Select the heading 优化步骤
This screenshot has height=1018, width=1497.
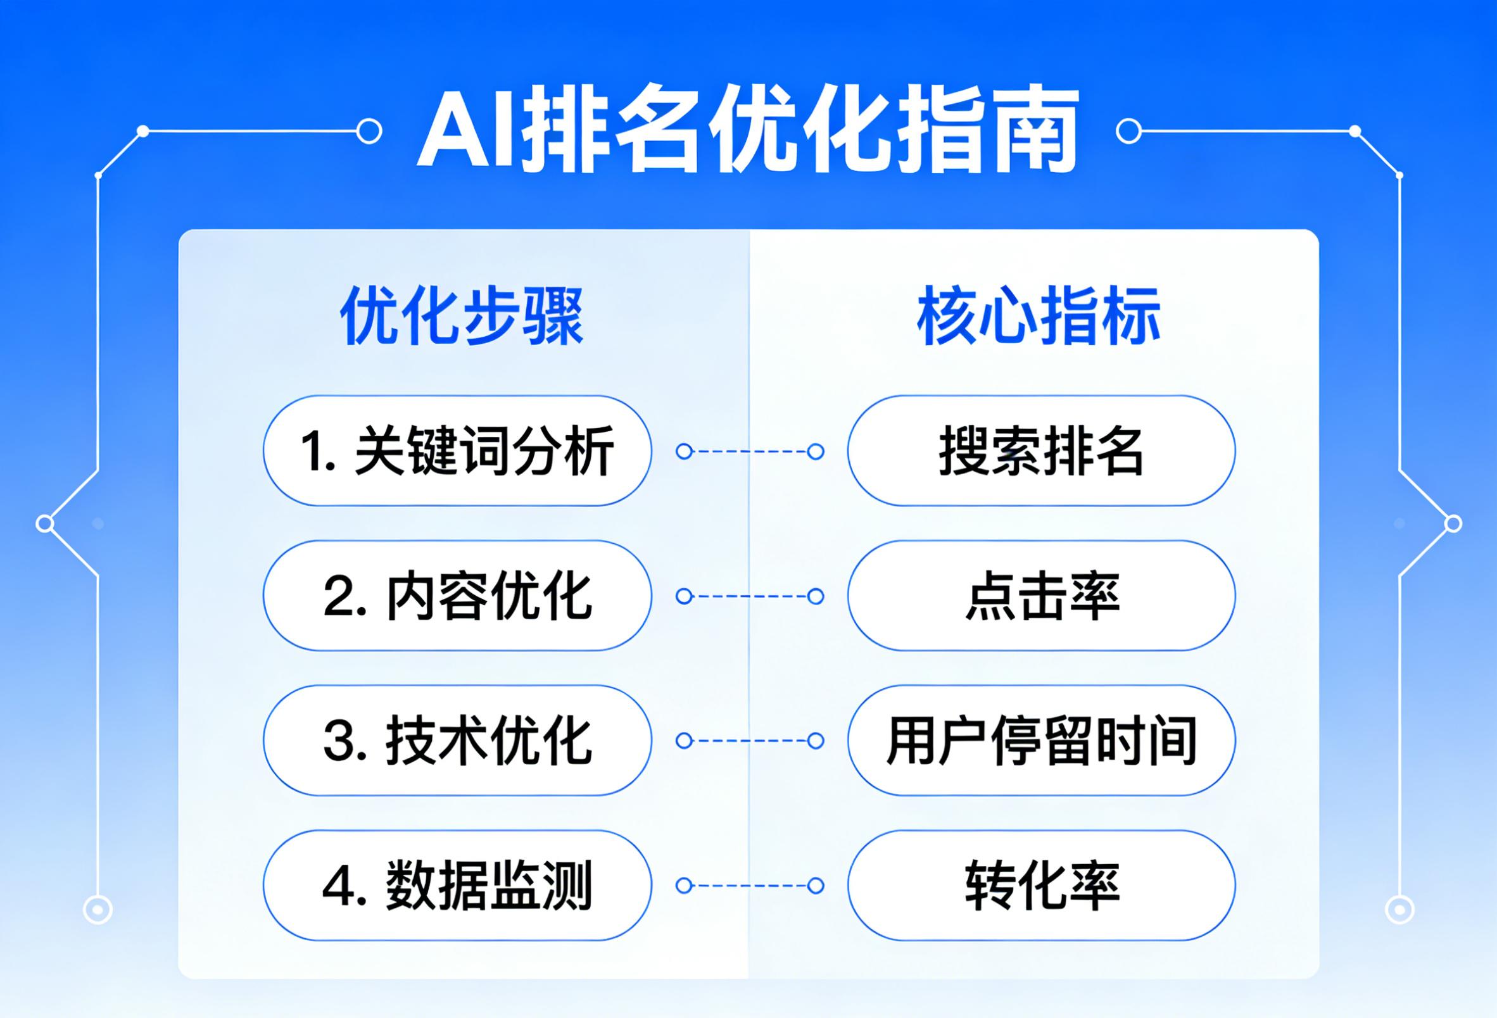point(462,316)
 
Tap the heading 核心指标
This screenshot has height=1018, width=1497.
point(1039,316)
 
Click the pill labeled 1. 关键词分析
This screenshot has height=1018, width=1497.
point(457,451)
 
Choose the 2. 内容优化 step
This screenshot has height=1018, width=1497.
point(457,596)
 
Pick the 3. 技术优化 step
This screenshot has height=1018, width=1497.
point(457,741)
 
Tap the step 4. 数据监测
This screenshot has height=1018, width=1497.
point(457,885)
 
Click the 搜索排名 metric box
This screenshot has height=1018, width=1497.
point(1042,451)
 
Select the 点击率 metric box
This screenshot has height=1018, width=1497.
point(1042,596)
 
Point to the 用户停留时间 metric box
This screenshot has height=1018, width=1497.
point(1042,741)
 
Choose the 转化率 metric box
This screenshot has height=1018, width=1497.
point(1042,885)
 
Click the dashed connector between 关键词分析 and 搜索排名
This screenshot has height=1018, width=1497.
point(750,451)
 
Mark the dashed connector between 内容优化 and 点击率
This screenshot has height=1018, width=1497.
point(750,596)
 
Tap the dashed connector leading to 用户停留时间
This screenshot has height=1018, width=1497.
point(750,741)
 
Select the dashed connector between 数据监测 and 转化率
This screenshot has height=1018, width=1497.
point(750,886)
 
